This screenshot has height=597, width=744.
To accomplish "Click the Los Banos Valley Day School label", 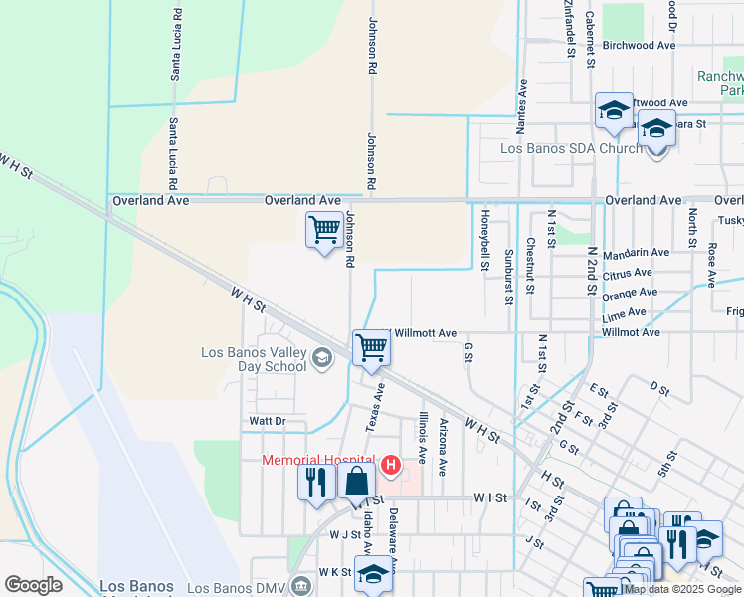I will click(x=254, y=359).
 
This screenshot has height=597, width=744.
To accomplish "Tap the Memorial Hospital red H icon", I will click(x=390, y=465).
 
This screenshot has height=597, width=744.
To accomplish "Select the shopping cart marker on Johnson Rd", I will click(x=324, y=230).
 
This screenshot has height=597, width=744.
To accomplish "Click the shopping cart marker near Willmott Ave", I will click(x=371, y=349).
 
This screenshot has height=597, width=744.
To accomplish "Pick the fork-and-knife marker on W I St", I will click(x=316, y=483).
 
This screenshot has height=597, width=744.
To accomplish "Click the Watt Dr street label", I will click(x=267, y=422).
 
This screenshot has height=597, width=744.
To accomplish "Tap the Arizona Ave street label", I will click(x=443, y=438).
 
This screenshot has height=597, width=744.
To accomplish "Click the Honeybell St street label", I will click(x=485, y=242).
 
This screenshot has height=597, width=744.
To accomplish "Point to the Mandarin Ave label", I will click(x=636, y=253).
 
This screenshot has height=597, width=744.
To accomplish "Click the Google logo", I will click(x=33, y=585).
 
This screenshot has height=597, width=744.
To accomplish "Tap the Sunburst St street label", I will click(x=507, y=276).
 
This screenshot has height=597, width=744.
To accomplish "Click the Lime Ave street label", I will click(x=624, y=312).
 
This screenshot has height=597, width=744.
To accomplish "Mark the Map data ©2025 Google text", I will click(x=681, y=589).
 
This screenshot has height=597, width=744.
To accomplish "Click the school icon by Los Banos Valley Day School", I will click(x=321, y=358).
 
